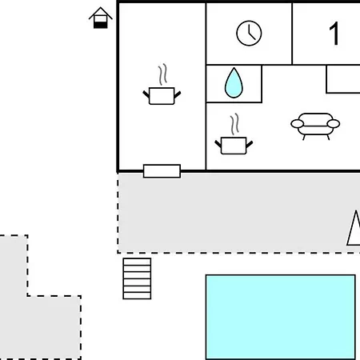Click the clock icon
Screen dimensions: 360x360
[249, 34]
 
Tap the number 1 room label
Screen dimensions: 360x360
[334, 34]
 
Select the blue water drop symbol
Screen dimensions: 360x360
[234, 83]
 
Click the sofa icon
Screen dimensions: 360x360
[315, 126]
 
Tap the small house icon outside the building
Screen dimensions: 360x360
[101, 18]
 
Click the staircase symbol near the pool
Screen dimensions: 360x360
[137, 278]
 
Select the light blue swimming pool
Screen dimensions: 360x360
[281, 318]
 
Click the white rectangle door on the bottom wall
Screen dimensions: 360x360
[162, 171]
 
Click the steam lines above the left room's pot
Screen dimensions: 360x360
[162, 74]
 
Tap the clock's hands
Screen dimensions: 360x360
[251, 33]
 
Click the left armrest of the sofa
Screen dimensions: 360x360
[298, 124]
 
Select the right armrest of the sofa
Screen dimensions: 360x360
[334, 124]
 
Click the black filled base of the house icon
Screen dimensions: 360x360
[101, 25]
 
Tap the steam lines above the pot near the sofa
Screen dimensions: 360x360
[234, 124]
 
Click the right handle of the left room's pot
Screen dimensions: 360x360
[178, 94]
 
